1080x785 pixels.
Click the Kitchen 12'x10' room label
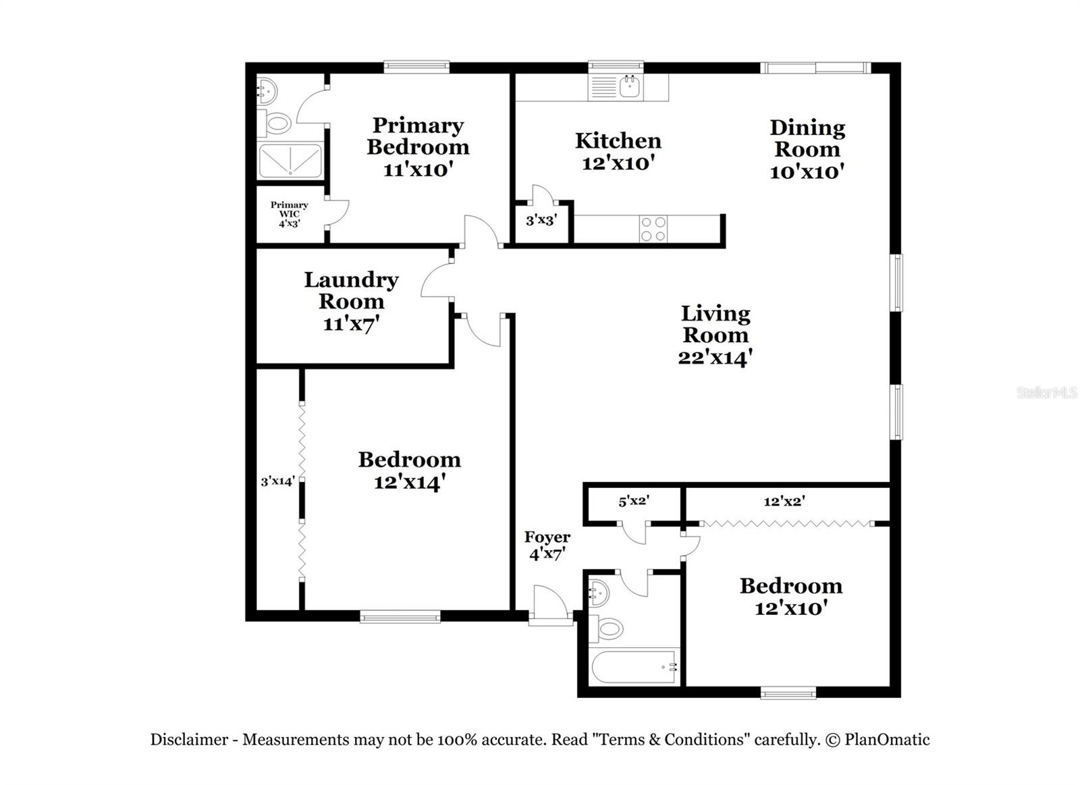pos(618,151)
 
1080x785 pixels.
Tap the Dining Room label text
pos(807,148)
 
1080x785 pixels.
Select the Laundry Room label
pos(351,300)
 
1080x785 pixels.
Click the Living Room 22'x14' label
pos(715,335)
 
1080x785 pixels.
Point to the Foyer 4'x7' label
pos(547,545)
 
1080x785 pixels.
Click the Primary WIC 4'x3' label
pos(289,214)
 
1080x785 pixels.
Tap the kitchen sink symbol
pos(629,87)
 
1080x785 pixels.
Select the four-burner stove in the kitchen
pos(653,229)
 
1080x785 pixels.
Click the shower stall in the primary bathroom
pos(290,161)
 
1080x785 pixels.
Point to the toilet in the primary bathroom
pos(276,124)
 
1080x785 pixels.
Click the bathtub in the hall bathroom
pos(634,667)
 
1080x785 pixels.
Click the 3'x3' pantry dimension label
pos(541,220)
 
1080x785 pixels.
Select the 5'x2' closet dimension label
pos(634,501)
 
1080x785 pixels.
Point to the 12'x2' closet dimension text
pos(784,501)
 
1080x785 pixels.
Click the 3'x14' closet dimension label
pos(277,481)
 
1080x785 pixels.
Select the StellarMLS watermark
pos(1046,392)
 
